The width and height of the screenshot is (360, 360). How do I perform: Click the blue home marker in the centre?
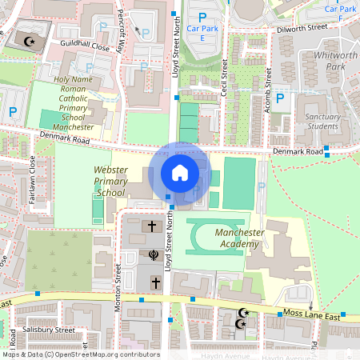(x=180, y=172)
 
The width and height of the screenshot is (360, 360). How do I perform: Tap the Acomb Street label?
(x=270, y=86)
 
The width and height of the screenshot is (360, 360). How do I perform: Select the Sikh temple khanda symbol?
(x=152, y=255)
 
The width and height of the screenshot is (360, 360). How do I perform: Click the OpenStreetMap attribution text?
(x=80, y=354)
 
